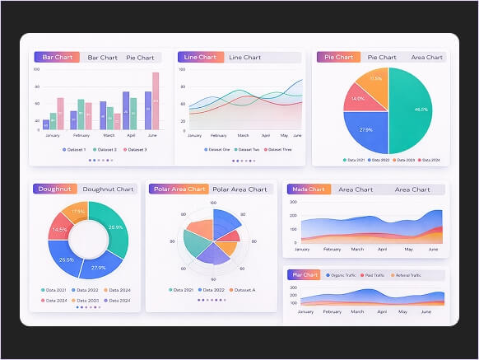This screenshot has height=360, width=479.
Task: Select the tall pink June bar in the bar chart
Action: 156,101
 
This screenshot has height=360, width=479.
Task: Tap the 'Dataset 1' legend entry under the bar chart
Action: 75,150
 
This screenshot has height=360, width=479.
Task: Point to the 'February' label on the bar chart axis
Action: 81,135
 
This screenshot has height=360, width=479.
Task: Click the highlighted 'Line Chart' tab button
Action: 199,58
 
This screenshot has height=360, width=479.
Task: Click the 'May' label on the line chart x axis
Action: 284,135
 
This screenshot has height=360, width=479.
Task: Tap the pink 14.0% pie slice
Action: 360,100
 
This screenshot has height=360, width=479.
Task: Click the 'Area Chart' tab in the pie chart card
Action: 426,58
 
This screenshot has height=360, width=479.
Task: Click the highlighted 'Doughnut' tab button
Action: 55,189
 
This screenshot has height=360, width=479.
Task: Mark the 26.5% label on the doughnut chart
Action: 67,259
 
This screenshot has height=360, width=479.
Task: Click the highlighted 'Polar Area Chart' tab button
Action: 179,189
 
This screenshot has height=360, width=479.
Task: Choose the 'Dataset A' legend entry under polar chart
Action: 243,290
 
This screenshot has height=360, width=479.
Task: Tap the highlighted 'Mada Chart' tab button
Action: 309,189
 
